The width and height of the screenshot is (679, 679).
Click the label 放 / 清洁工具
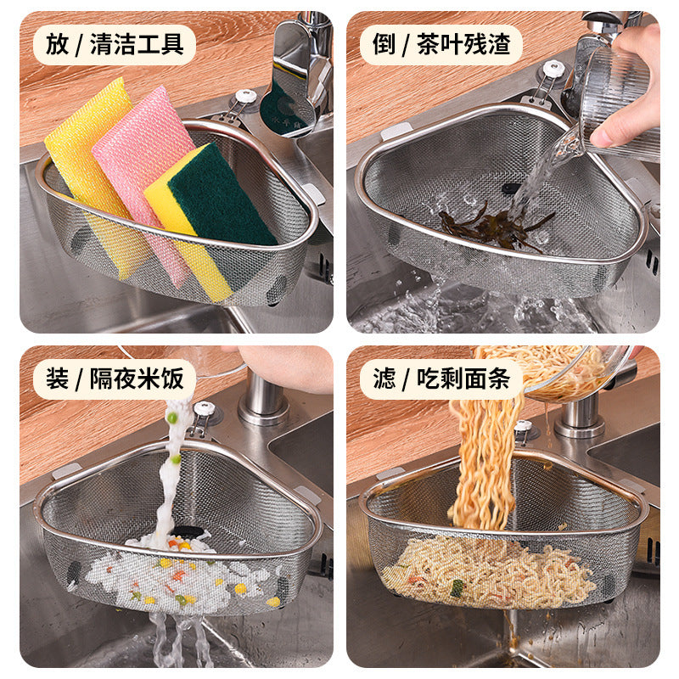[114, 44]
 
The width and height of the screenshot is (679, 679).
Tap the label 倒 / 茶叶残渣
[441, 44]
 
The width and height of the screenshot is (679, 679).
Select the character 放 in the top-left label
[58, 44]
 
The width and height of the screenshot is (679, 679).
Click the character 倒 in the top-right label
[384, 44]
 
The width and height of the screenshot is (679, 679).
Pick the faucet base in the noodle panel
[581, 416]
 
